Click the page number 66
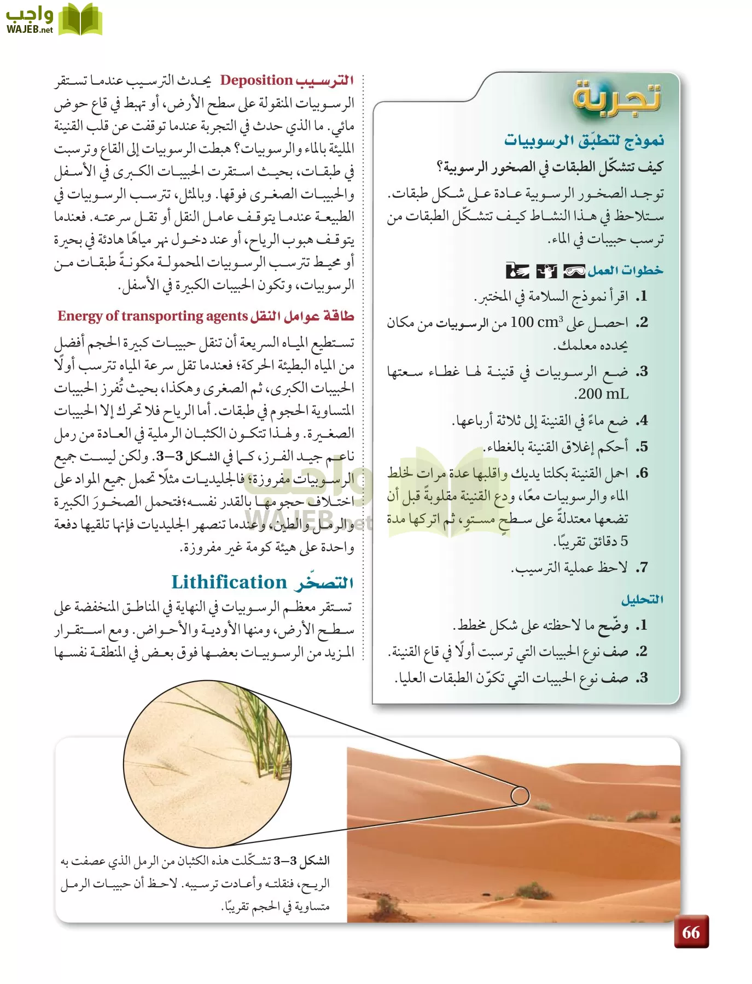coord(691,932)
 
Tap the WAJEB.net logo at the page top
coord(54,20)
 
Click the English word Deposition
coord(257,80)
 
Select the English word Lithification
coord(229,582)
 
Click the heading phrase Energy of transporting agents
coord(153,316)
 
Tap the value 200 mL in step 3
coord(602,394)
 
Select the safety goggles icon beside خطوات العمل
coord(574,271)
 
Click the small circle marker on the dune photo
coord(520,795)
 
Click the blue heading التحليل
coord(642,600)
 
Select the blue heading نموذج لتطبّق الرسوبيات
coord(584,140)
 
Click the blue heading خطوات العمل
coord(625,271)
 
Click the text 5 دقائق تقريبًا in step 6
coord(591,541)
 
